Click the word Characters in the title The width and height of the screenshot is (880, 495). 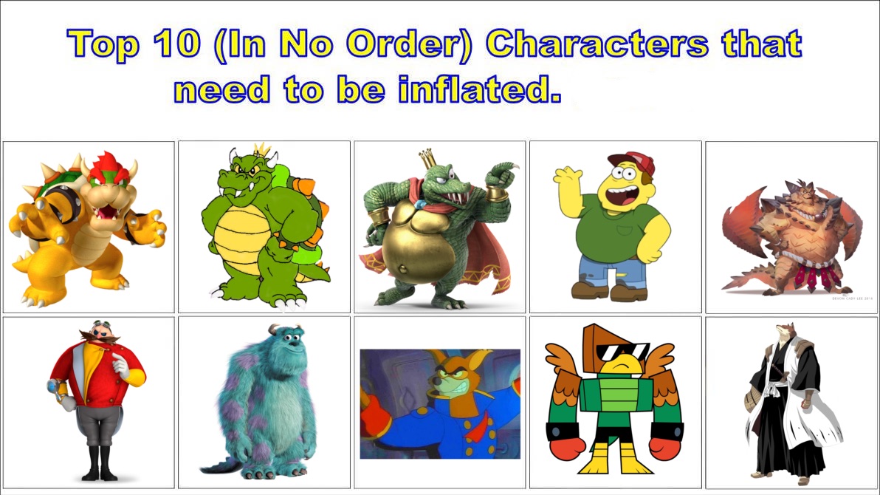tap(597, 45)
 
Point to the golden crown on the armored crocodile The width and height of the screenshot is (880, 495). tap(428, 159)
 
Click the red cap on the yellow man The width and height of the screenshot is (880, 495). tap(633, 163)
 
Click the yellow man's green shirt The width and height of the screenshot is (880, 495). tap(613, 230)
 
